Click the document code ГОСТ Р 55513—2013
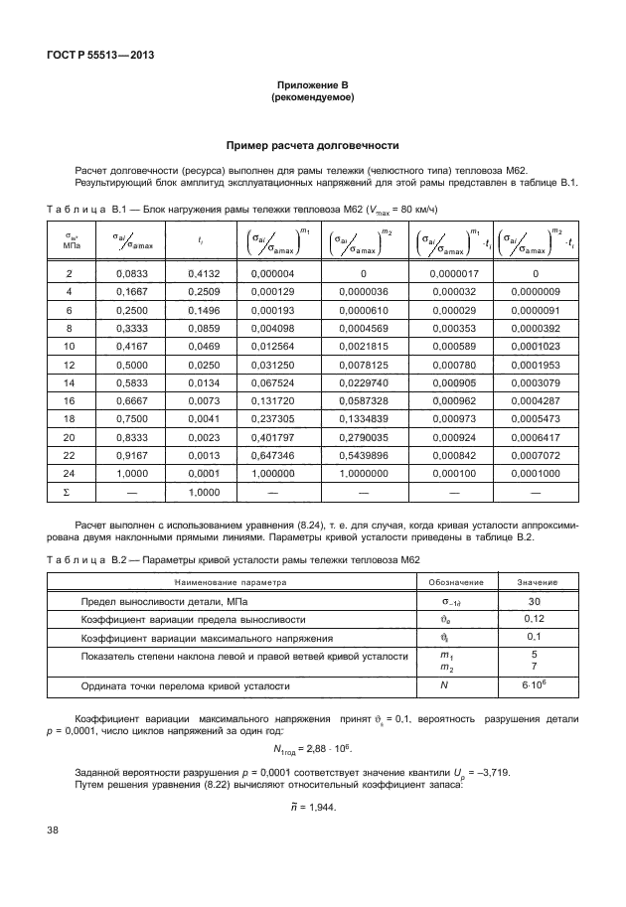[97, 55]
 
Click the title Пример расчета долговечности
[312, 143]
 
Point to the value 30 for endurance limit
[534, 602]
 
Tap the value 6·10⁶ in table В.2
[534, 686]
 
